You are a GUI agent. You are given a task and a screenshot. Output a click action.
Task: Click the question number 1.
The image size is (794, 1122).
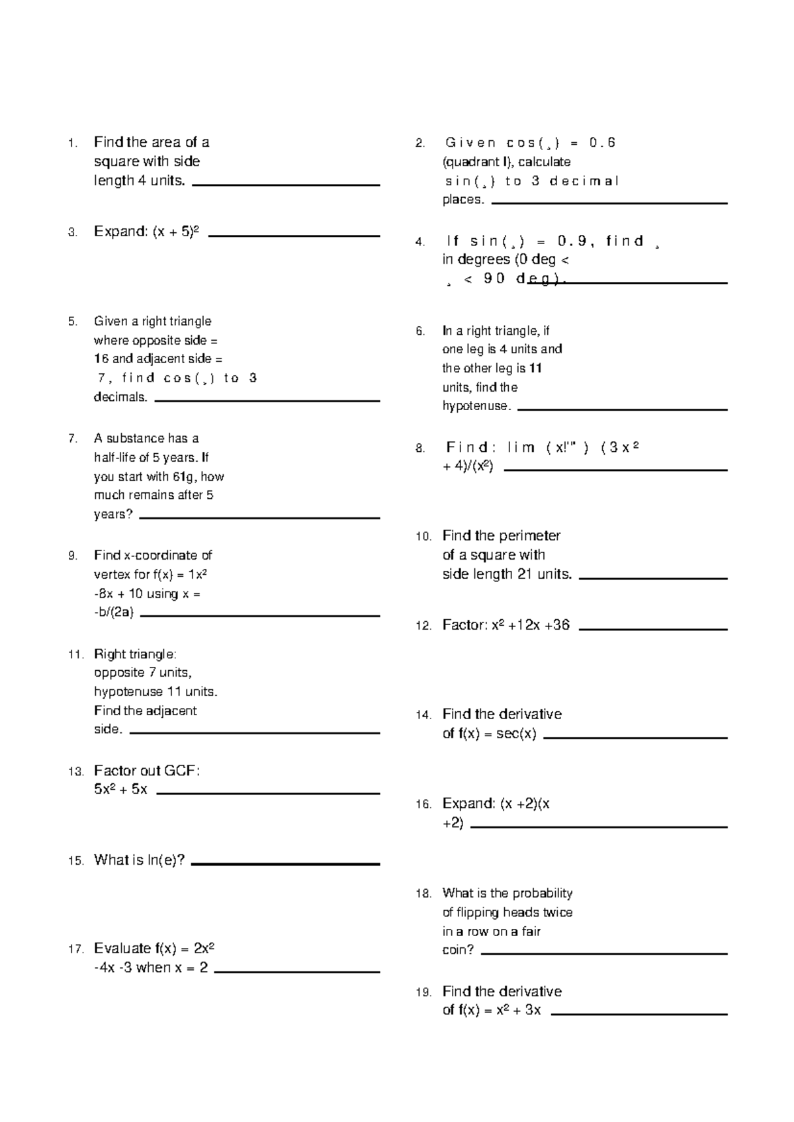pos(72,143)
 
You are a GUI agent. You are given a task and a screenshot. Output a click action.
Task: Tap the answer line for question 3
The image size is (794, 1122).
pos(294,236)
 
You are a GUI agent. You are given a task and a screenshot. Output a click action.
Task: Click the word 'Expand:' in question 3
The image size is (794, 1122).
pos(121,232)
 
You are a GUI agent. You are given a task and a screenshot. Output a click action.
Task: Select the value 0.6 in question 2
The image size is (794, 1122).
pos(602,143)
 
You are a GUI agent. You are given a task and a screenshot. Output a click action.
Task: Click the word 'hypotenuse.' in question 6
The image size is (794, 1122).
pos(476,406)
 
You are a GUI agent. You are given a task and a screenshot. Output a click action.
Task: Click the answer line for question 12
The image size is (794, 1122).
pos(652,629)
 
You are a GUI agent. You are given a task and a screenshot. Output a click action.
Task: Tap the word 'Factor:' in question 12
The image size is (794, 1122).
pos(464,625)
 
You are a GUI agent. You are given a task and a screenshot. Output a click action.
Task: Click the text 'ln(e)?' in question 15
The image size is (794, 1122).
pos(166,860)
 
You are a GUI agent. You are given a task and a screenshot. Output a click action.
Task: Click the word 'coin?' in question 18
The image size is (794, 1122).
pos(458,950)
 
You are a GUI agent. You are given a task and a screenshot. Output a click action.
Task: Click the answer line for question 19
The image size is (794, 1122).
pos(639,1014)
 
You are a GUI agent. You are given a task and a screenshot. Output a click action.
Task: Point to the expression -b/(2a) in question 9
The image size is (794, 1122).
pos(114,613)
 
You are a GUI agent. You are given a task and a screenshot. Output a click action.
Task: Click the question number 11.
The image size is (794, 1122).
pos(75,655)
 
